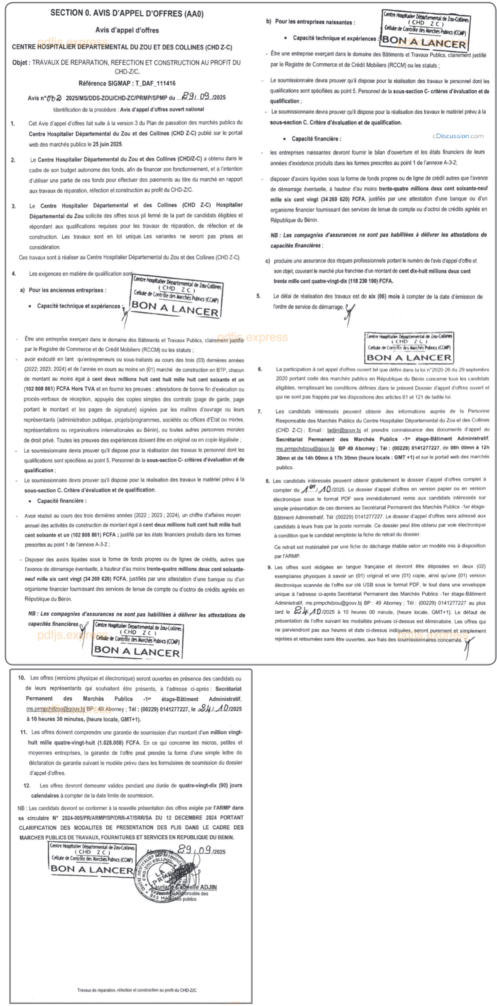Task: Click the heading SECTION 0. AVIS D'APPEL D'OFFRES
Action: click(x=127, y=13)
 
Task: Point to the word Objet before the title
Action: click(x=20, y=63)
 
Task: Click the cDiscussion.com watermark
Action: click(x=458, y=136)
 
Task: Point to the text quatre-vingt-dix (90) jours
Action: click(x=211, y=785)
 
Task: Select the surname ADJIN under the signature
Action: click(x=209, y=887)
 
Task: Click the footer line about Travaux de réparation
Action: click(x=137, y=990)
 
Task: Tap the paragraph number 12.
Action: click(x=27, y=785)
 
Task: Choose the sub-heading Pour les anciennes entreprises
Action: click(x=67, y=290)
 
